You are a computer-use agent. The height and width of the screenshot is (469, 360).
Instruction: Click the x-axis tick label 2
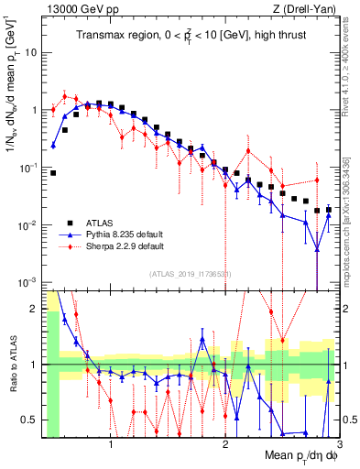coord(224,443)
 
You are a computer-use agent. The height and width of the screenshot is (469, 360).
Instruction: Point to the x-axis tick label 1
coord(111,443)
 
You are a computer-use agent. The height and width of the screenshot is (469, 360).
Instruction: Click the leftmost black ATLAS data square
coord(53,172)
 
